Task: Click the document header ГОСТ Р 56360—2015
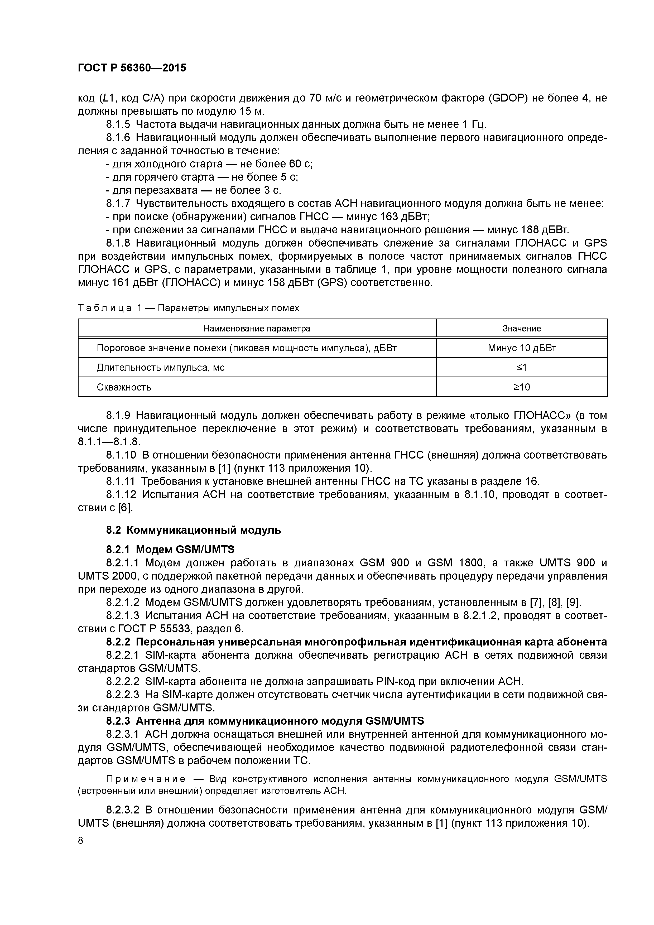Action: click(x=132, y=68)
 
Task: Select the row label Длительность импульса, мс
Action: click(x=160, y=367)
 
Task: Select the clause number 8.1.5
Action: click(x=118, y=124)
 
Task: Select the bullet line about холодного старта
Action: click(x=209, y=164)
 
